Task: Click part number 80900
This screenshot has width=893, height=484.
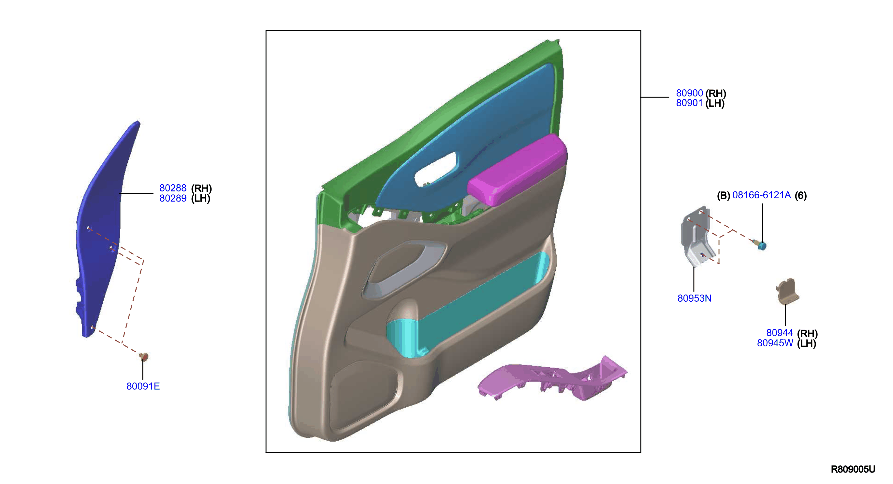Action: pos(689,93)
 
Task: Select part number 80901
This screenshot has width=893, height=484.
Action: pos(689,103)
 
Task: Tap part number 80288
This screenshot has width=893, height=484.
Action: pos(173,188)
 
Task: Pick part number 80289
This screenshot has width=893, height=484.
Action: pos(173,198)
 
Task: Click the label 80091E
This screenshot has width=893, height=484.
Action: pos(143,386)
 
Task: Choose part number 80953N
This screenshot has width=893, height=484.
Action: pos(695,298)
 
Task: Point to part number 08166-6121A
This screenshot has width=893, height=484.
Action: pos(762,195)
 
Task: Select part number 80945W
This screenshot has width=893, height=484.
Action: pos(775,343)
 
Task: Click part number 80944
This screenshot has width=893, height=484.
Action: pos(780,333)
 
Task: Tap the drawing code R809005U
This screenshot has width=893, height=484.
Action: pos(853,469)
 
